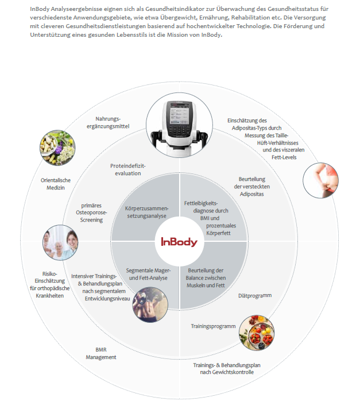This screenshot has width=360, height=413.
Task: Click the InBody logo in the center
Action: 179,242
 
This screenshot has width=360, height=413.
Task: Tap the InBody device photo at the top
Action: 180,126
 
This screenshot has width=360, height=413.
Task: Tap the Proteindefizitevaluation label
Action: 129,169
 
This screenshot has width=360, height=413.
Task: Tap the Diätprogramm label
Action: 254,296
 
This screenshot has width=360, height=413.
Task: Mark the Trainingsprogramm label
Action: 214,326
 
